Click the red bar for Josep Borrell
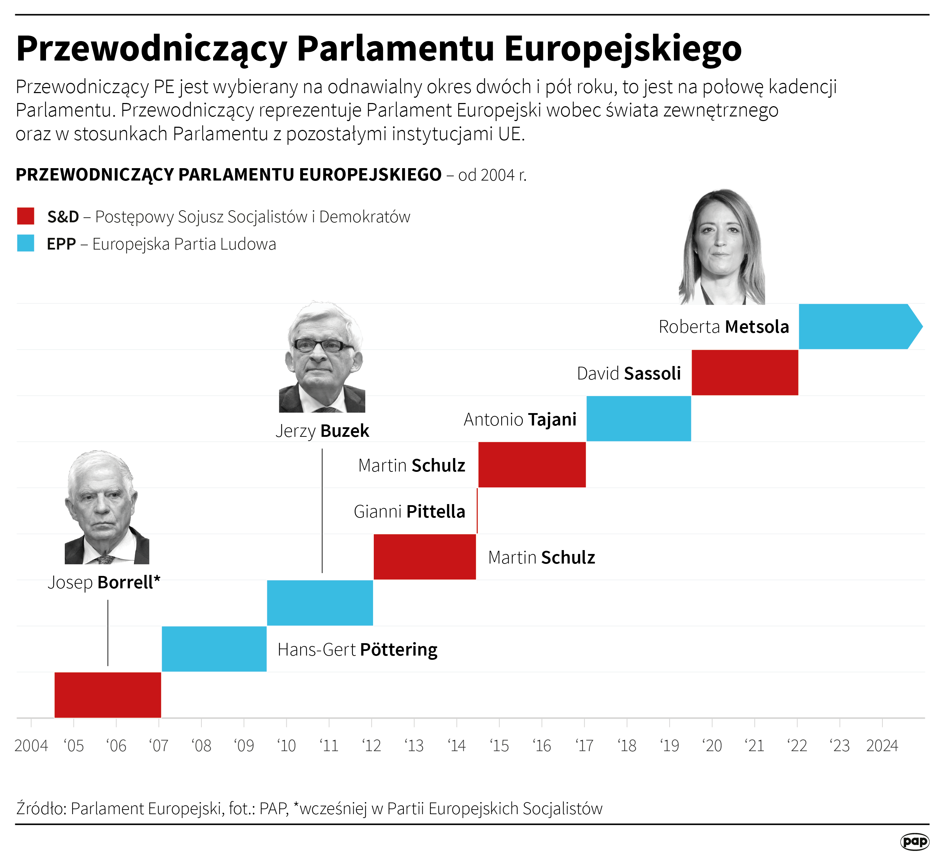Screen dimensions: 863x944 click(x=108, y=695)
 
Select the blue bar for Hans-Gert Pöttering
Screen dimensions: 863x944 click(x=214, y=648)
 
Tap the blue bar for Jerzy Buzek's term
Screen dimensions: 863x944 click(x=320, y=602)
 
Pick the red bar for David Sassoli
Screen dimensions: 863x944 click(x=744, y=372)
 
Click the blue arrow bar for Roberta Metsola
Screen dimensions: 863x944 click(x=857, y=326)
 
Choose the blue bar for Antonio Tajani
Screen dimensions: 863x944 click(x=639, y=418)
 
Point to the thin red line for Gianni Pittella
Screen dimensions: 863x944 click(x=477, y=510)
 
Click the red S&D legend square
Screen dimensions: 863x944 click(x=26, y=216)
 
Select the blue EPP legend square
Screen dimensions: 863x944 click(x=26, y=244)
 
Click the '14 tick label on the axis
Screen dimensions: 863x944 click(x=457, y=745)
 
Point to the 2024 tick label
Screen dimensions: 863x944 click(x=882, y=745)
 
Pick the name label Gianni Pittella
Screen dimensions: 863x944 click(x=409, y=511)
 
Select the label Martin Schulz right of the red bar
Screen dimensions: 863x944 click(x=541, y=557)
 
